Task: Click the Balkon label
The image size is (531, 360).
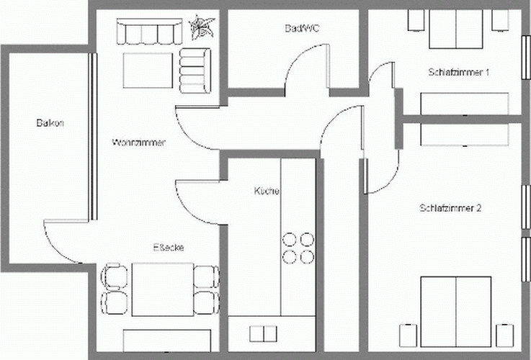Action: (50, 123)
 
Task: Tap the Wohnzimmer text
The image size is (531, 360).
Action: (139, 143)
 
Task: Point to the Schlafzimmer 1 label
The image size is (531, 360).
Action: (458, 72)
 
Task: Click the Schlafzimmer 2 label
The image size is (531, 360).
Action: (450, 208)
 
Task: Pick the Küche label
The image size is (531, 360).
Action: (267, 191)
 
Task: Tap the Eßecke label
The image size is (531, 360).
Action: (169, 248)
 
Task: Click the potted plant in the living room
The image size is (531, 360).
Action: (202, 27)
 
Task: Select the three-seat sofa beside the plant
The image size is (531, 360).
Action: (149, 32)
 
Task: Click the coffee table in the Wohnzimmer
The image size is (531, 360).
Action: (148, 71)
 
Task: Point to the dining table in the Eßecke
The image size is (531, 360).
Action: (163, 289)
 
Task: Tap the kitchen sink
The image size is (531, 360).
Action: (263, 334)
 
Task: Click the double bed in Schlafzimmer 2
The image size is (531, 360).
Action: (456, 312)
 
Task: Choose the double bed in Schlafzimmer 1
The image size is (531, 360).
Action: (456, 29)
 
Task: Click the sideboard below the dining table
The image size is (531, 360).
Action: (167, 341)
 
